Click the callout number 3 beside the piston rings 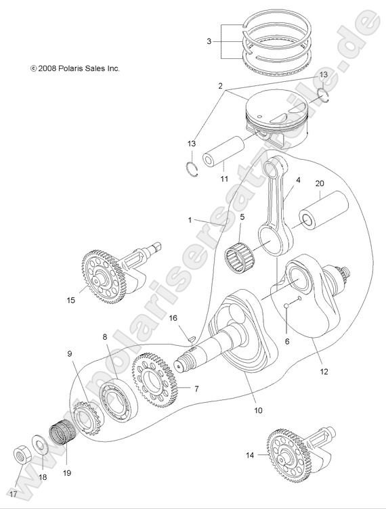(209, 41)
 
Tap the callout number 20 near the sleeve (319, 183)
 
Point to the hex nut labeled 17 (22, 455)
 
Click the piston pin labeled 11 (223, 152)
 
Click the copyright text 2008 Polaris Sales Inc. (76, 68)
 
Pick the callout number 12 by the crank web (324, 371)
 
